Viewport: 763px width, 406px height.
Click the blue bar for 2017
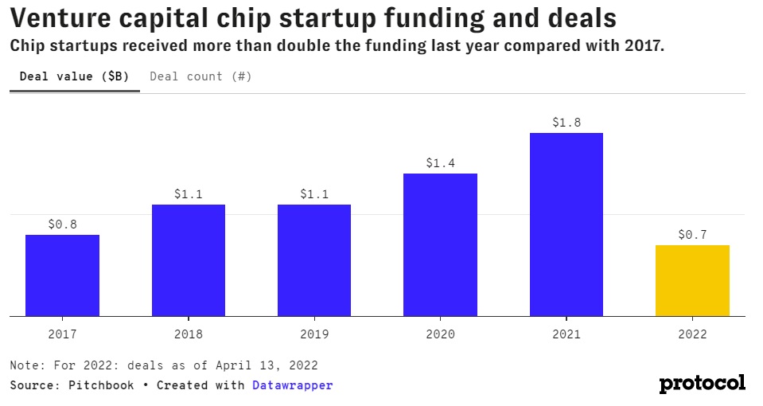point(62,275)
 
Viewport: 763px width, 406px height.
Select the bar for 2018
point(189,260)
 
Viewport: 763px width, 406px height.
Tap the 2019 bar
point(314,260)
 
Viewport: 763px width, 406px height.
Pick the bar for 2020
point(440,244)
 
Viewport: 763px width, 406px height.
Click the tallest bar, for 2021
point(566,224)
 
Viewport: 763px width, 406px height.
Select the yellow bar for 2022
point(692,280)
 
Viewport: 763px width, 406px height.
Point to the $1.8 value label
point(566,123)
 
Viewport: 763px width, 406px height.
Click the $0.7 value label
point(692,235)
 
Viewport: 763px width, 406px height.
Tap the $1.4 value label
point(440,163)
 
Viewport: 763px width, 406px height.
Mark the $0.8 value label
point(62,224)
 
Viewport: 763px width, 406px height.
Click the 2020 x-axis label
point(440,334)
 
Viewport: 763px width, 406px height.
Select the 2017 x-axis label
point(62,334)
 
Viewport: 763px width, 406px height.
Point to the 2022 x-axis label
point(692,334)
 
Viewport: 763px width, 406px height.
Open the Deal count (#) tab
point(200,76)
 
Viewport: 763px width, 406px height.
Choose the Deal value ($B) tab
point(74,76)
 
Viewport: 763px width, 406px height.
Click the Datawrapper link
point(292,385)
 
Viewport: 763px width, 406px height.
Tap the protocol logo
point(702,383)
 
